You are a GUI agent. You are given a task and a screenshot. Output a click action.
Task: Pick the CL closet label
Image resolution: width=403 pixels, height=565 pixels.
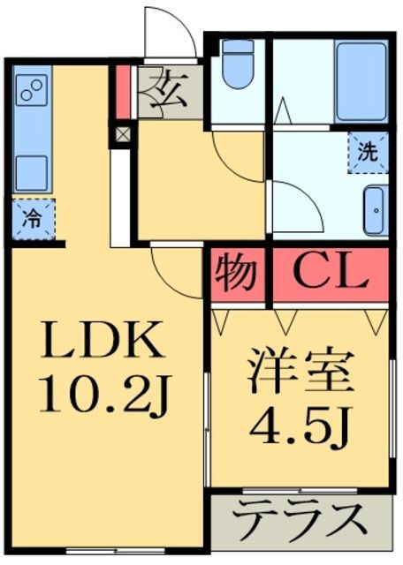[330, 275]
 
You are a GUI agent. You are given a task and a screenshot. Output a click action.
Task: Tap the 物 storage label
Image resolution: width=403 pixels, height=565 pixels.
[236, 275]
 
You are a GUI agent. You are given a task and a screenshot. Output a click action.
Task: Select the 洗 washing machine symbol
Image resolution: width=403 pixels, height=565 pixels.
[367, 152]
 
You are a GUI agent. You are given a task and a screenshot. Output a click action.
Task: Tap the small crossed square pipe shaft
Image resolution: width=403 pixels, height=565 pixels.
[123, 135]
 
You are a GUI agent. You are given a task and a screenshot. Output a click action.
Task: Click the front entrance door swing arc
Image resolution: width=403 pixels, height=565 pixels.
[171, 26]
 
